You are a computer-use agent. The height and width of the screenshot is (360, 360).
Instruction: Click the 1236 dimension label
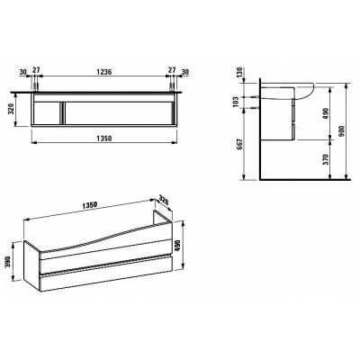[x=104, y=72]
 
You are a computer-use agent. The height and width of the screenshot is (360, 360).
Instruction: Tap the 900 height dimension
[x=343, y=130]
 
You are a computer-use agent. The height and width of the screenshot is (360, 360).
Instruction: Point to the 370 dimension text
[x=327, y=159]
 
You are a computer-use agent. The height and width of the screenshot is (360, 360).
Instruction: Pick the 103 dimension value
[x=236, y=102]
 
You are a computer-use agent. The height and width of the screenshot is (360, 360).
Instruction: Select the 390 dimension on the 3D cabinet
[x=8, y=262]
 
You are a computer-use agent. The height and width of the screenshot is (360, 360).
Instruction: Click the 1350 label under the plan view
[x=103, y=139]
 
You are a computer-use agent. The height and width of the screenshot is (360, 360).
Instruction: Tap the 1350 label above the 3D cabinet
[x=89, y=205]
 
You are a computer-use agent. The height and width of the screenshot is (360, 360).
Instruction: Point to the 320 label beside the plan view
[x=11, y=110]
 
